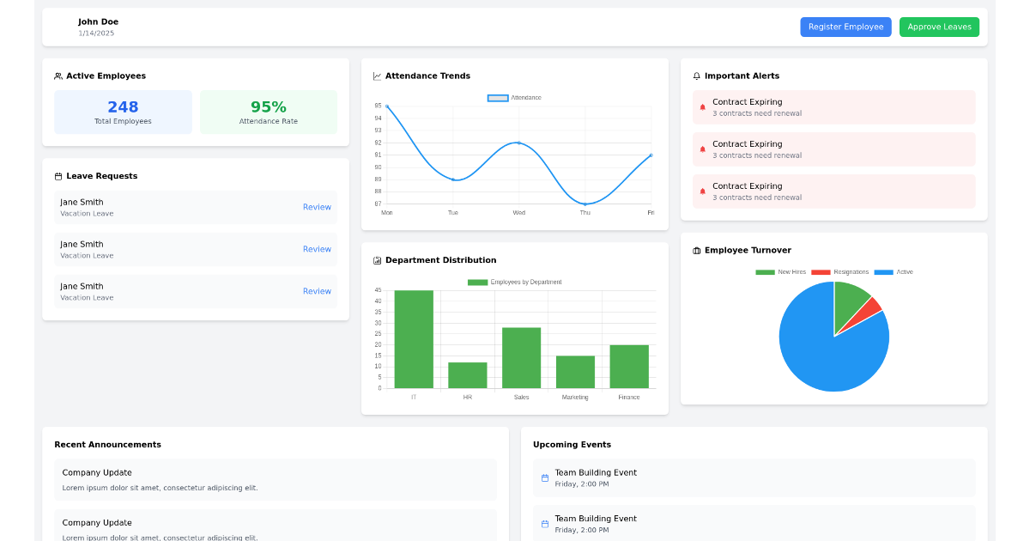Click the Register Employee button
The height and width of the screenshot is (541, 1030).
tap(845, 27)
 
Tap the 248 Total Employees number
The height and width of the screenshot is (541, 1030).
tap(123, 107)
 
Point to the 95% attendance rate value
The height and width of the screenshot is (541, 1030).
tap(268, 107)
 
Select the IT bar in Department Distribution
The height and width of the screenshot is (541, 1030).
tap(414, 339)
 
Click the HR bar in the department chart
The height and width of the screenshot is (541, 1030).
tap(468, 375)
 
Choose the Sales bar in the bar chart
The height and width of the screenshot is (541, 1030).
tap(521, 357)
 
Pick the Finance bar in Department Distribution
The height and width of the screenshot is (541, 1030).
tap(629, 367)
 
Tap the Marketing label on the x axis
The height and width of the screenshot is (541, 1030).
tap(575, 398)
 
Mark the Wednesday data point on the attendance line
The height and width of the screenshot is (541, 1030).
tap(518, 143)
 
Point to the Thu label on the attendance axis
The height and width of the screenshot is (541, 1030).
tap(585, 213)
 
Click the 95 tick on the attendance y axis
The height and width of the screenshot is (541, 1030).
tap(378, 106)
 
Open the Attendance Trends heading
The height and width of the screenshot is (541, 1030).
tap(427, 76)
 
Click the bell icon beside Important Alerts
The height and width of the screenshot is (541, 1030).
tap(697, 76)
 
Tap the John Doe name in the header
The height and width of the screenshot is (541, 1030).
tap(98, 21)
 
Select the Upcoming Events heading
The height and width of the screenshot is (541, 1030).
tap(572, 445)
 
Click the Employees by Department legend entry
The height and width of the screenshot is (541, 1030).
tap(514, 283)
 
